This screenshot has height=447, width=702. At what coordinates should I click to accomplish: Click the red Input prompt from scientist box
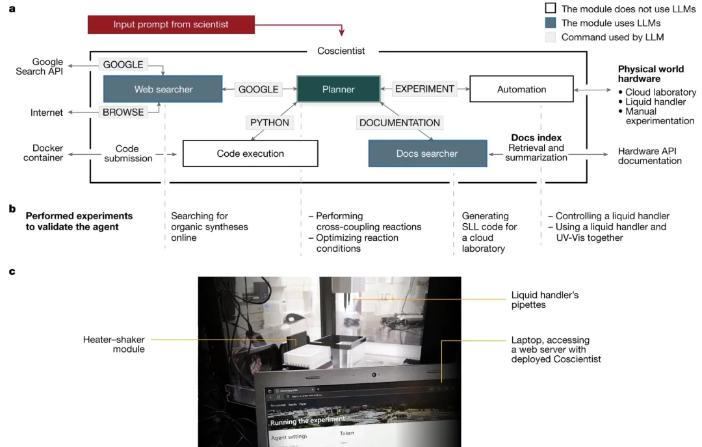171,25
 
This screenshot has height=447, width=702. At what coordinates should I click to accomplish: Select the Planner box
338,89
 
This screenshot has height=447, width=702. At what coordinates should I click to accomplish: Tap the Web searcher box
164,89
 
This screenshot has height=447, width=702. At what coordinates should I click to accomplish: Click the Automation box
521,89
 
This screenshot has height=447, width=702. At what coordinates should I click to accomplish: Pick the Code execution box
250,154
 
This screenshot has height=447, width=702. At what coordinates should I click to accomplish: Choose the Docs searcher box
427,154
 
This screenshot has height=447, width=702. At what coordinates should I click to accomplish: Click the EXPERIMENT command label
425,89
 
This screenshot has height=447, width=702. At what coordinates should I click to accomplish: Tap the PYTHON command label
269,122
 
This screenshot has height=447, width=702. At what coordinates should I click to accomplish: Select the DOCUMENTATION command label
400,122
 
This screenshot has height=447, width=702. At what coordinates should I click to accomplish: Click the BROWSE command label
123,112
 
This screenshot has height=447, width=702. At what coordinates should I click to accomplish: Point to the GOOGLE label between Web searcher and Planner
258,89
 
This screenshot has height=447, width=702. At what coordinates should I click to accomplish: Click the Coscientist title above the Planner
341,51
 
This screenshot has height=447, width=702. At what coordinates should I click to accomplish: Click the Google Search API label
40,66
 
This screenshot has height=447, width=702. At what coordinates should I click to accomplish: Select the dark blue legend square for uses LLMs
550,23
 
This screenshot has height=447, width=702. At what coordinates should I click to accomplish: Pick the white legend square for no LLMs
550,8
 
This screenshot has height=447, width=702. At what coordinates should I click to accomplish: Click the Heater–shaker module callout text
114,344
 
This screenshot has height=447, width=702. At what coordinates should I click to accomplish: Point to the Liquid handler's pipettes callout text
545,300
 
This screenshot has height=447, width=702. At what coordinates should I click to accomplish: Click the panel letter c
12,270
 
